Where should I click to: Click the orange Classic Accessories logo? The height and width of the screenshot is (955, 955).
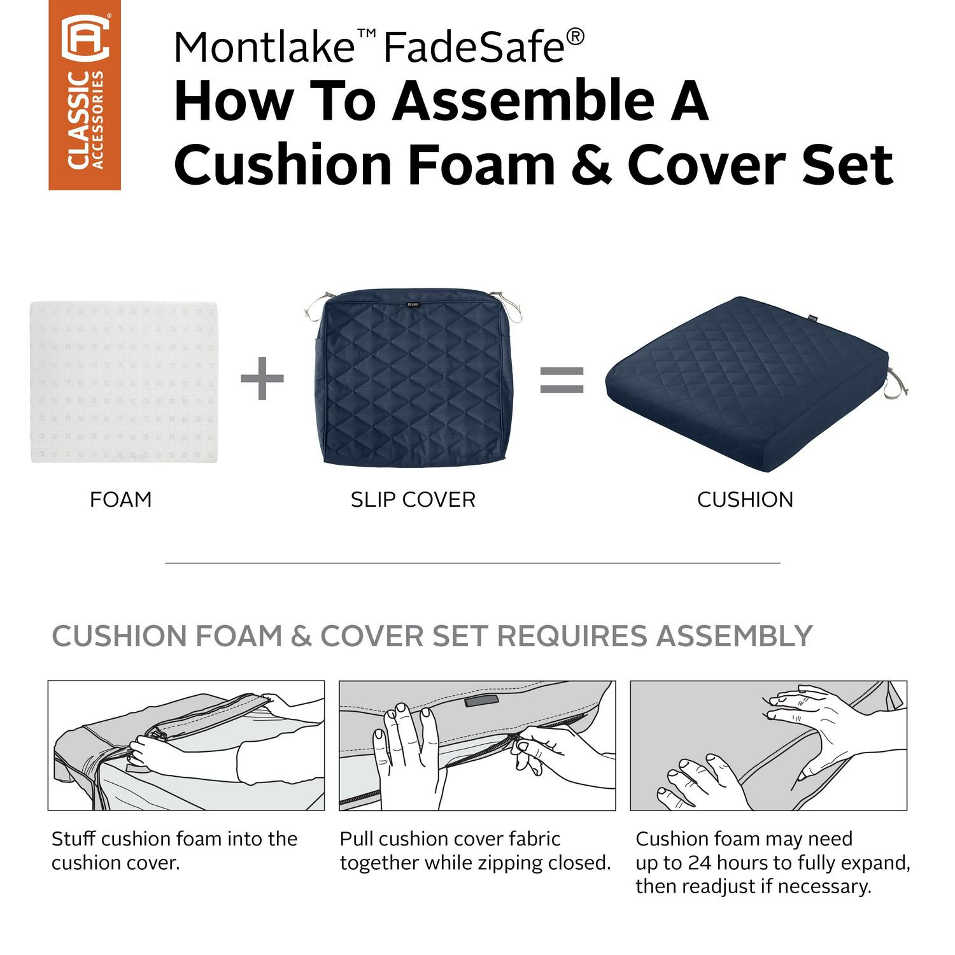pyautogui.click(x=85, y=95)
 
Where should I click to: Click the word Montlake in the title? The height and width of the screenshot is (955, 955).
pyautogui.click(x=264, y=46)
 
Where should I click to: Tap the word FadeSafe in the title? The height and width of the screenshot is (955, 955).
pyautogui.click(x=474, y=46)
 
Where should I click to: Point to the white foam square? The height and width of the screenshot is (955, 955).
pyautogui.click(x=124, y=382)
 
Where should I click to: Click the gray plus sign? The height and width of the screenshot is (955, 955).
pyautogui.click(x=262, y=379)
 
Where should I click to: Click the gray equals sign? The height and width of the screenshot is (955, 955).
pyautogui.click(x=562, y=379)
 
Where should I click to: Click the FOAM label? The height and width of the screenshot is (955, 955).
pyautogui.click(x=121, y=500)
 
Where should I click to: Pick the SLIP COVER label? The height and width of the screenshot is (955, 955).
pyautogui.click(x=413, y=500)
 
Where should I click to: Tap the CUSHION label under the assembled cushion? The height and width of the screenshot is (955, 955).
pyautogui.click(x=746, y=500)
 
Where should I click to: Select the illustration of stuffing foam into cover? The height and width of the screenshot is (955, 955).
pyautogui.click(x=186, y=746)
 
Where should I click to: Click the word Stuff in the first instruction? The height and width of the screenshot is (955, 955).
pyautogui.click(x=74, y=838)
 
